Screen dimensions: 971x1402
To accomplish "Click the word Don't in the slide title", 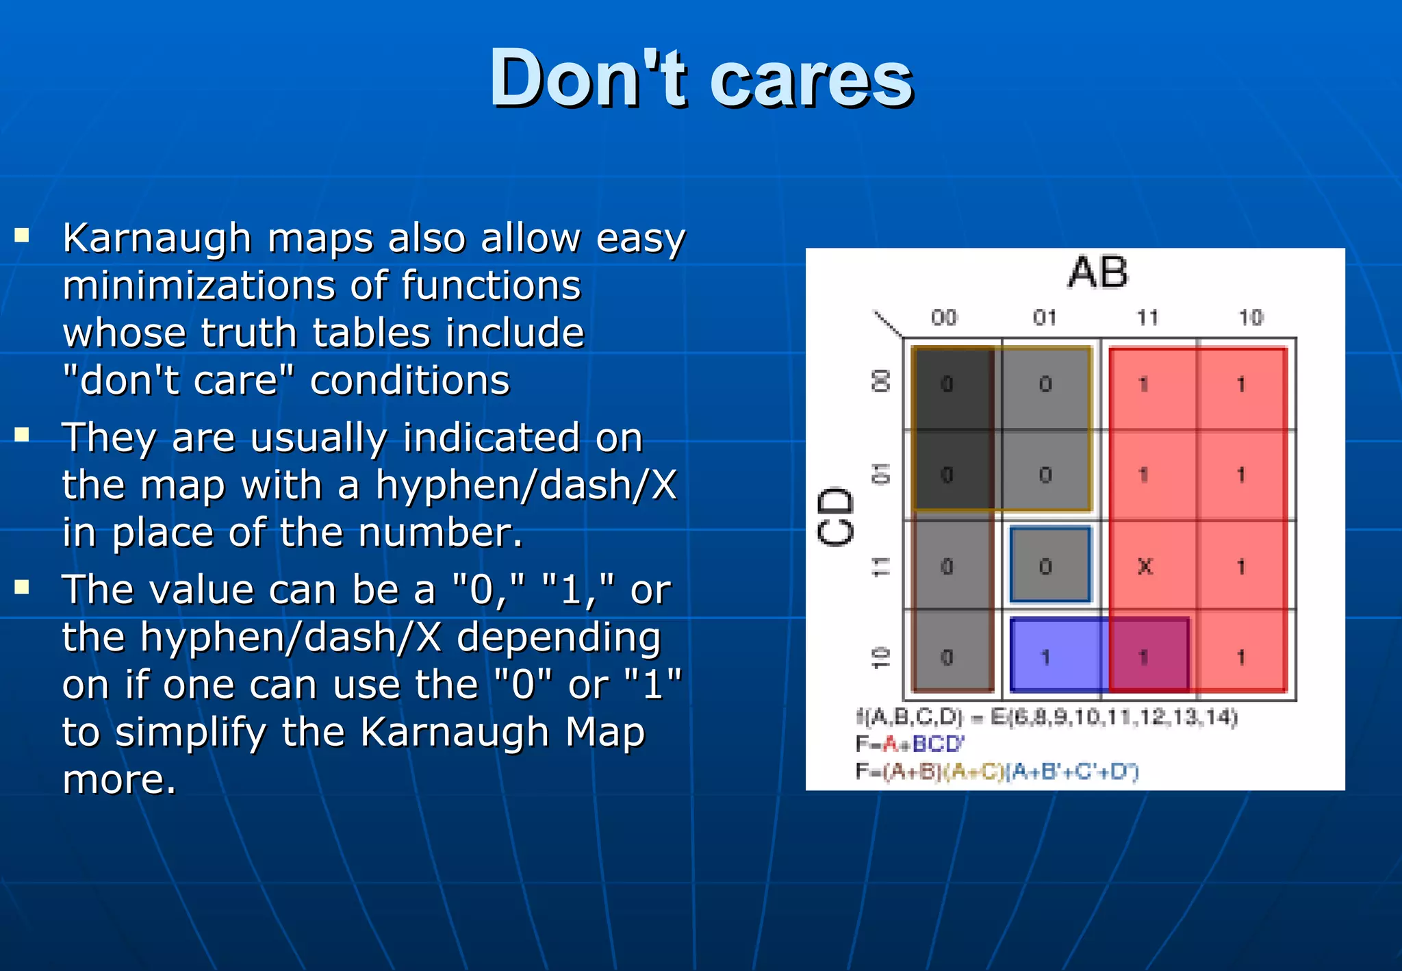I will point(587,79).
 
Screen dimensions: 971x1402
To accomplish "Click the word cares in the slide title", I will point(811,81).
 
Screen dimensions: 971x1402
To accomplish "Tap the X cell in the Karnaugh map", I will point(1145,566).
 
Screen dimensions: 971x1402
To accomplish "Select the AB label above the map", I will point(1097,273).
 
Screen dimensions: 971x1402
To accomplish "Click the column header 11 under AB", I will point(1147,318).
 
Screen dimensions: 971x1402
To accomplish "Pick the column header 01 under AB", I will point(1045,318).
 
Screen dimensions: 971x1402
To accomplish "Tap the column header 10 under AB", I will point(1251,318).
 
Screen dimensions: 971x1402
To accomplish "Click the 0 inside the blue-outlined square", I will point(1045,566).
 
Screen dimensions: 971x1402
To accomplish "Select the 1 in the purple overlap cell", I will point(1143,657).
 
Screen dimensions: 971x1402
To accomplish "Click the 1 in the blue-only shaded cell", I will point(1045,657).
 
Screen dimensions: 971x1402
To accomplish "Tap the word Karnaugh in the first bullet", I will point(157,239).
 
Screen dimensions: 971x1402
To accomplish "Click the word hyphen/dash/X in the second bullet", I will point(526,485).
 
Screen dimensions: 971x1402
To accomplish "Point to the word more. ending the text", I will point(119,779).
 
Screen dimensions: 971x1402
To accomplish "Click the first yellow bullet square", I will point(23,236).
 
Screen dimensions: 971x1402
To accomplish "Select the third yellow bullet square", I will point(23,588).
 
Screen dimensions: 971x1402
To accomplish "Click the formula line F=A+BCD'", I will point(910,744).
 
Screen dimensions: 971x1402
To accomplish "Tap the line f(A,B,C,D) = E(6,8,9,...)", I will point(1047,717).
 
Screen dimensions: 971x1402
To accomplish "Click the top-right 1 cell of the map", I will point(1241,384).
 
